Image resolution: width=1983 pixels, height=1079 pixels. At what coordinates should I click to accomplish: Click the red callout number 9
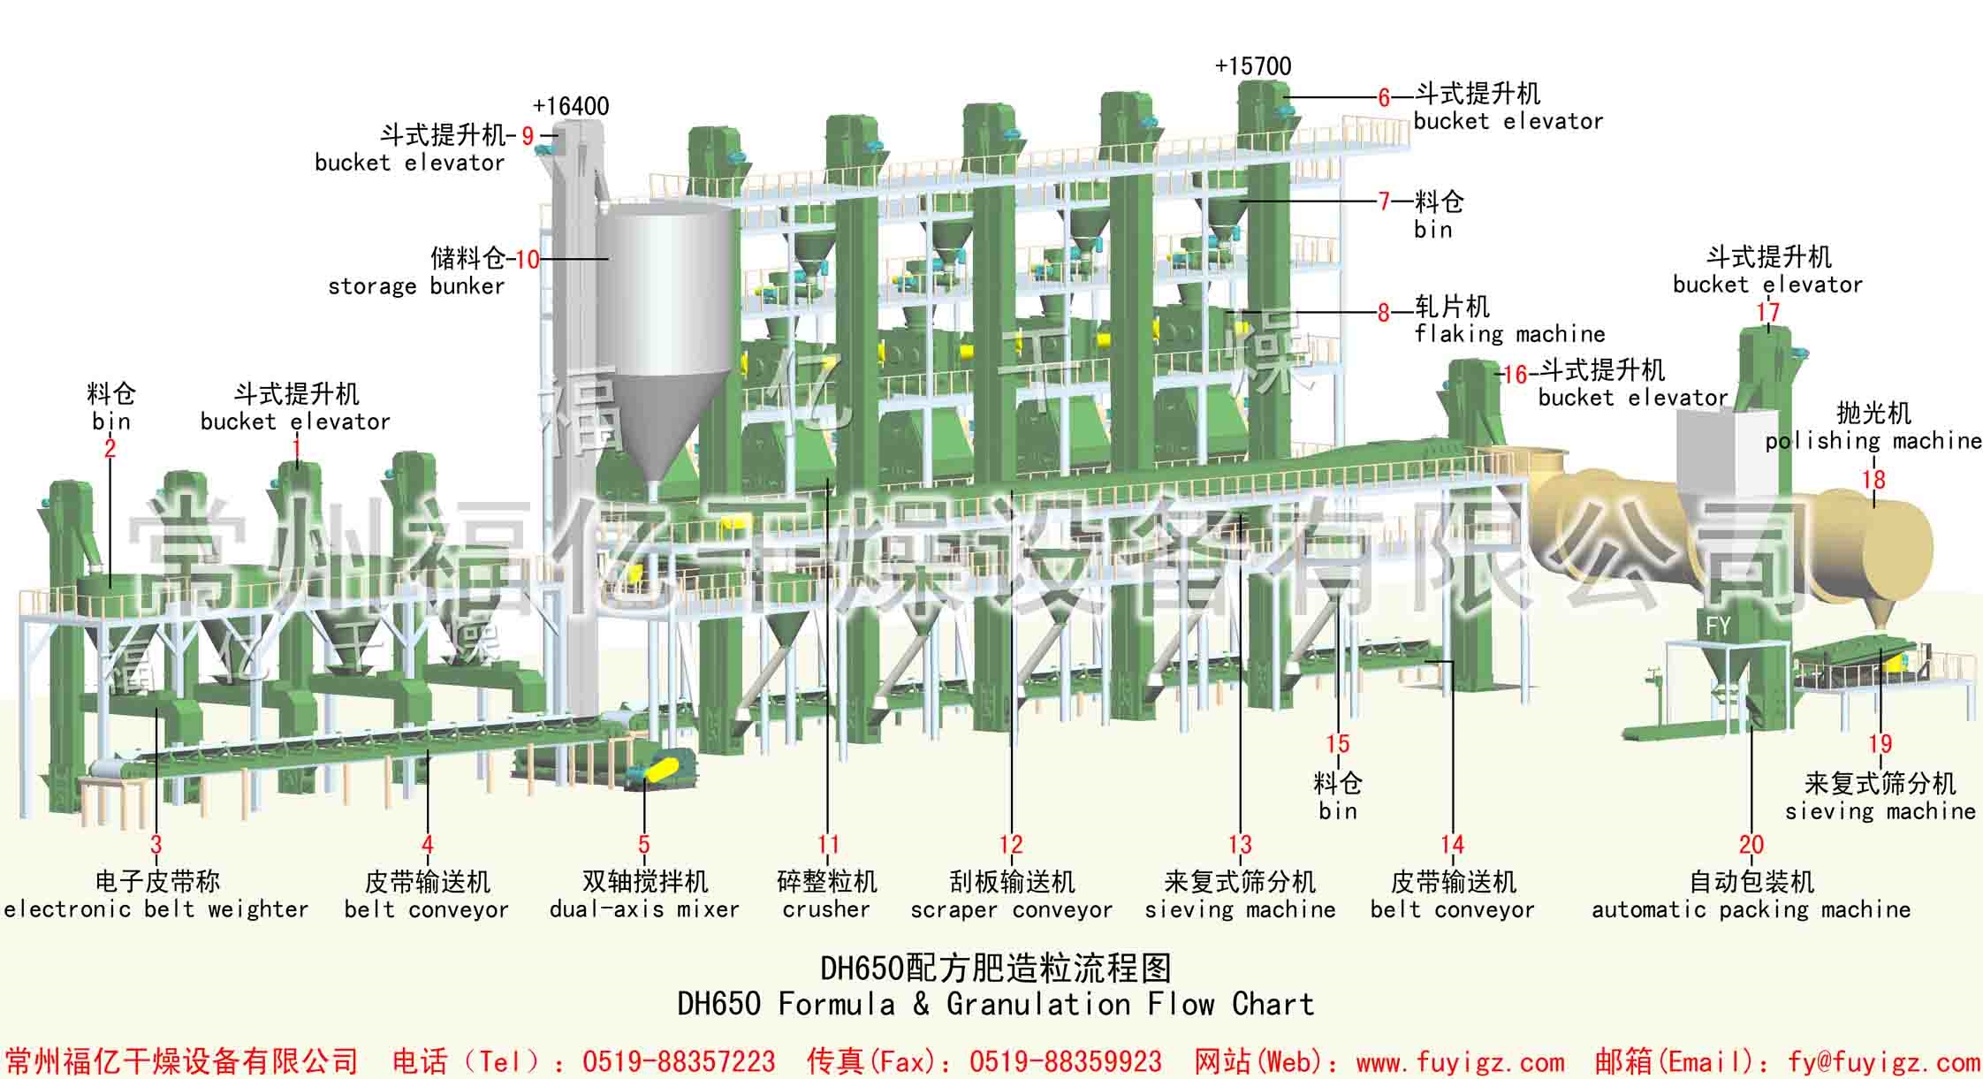[x=528, y=136]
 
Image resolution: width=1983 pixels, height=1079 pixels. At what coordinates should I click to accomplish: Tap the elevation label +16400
[x=571, y=107]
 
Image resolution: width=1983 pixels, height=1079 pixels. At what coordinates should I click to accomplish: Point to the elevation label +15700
[x=1253, y=66]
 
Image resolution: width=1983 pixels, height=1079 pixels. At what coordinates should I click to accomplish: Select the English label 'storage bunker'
[x=416, y=286]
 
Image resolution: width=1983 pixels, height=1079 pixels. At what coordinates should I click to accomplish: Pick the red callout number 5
[x=644, y=846]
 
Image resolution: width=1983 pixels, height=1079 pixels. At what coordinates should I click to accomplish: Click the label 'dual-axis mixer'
[x=644, y=909]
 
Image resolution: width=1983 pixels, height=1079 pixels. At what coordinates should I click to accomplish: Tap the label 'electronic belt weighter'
[x=156, y=909]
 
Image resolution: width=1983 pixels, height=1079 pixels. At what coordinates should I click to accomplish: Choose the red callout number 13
[x=1240, y=846]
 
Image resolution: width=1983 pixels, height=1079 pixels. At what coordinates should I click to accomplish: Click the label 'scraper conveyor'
[x=1012, y=909]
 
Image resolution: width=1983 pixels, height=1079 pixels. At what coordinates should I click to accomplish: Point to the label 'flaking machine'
[x=1509, y=334]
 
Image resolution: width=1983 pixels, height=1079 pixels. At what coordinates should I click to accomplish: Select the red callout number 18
[x=1873, y=480]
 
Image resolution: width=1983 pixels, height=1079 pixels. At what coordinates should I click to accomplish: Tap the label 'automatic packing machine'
[x=1751, y=909]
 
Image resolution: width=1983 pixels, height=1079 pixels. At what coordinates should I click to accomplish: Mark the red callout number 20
[x=1751, y=846]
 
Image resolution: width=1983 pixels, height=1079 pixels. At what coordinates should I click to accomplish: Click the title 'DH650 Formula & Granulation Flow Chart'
[x=996, y=1005]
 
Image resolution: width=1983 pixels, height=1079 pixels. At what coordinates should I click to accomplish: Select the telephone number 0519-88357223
[x=679, y=1061]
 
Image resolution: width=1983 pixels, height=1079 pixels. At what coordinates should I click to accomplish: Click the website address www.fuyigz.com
[x=1460, y=1061]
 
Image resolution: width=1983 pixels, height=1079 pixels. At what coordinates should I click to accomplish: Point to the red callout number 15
[x=1338, y=744]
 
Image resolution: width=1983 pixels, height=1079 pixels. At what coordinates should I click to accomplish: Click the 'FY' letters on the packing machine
[x=1718, y=627]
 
